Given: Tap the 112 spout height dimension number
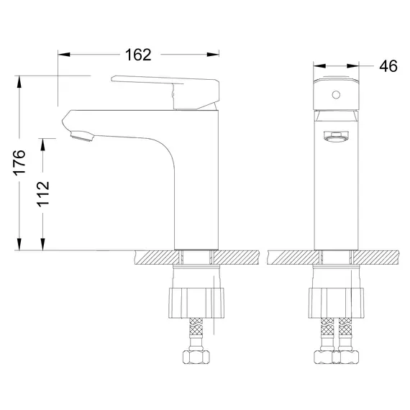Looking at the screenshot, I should pyautogui.click(x=45, y=193).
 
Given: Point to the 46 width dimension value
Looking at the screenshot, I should pyautogui.click(x=388, y=66).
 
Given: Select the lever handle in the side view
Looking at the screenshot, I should pyautogui.click(x=165, y=85).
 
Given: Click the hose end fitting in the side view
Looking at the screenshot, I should pyautogui.click(x=195, y=357).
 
